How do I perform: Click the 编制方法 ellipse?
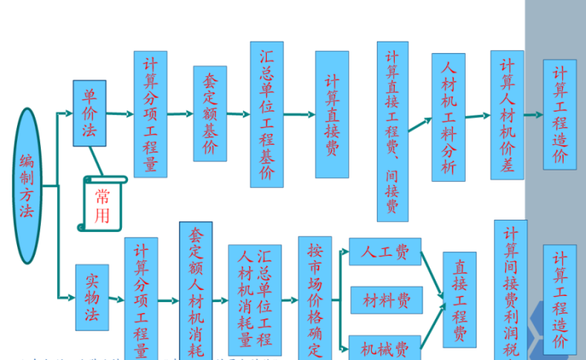pyautogui.click(x=28, y=185)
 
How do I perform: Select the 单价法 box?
pyautogui.click(x=89, y=113)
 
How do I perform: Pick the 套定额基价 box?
pyautogui.click(x=209, y=113)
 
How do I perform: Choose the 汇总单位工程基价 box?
pyautogui.click(x=267, y=113)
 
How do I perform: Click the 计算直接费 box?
pyautogui.click(x=332, y=114)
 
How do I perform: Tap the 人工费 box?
pyautogui.click(x=385, y=251)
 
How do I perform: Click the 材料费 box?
pyautogui.click(x=386, y=300)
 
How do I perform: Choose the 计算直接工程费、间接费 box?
pyautogui.click(x=392, y=131)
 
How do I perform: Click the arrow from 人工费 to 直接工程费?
pyautogui.click(x=432, y=274)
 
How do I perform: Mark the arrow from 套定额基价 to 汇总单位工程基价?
pyautogui.click(x=237, y=114)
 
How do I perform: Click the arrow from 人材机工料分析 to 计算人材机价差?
pyautogui.click(x=477, y=116)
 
